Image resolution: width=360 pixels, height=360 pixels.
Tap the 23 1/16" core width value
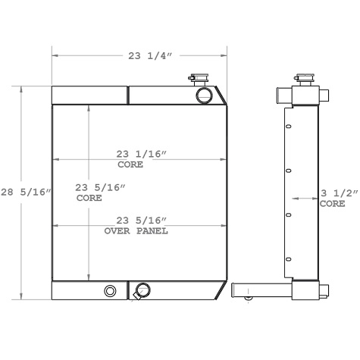point(142,155)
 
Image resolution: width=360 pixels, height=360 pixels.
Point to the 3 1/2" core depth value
point(334,193)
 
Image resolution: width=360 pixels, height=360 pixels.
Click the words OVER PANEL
point(136,230)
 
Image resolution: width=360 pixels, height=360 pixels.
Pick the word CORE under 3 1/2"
point(332,204)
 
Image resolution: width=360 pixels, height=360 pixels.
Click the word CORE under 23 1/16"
point(130,164)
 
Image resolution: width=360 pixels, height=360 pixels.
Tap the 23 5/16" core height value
point(101,187)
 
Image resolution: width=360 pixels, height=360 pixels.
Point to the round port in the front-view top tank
point(204,95)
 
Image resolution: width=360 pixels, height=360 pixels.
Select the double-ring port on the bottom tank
point(111,291)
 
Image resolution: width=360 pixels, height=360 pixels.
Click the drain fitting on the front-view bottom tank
point(141,290)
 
